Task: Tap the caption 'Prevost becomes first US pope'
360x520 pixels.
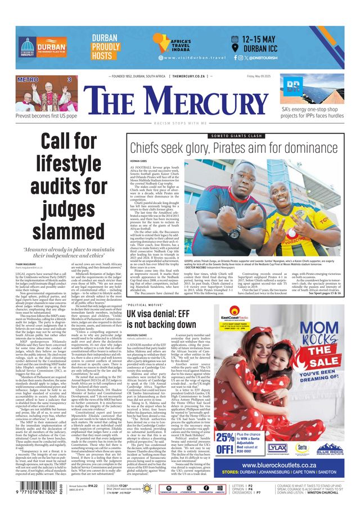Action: point(46,115)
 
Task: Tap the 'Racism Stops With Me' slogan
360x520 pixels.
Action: point(179,121)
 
